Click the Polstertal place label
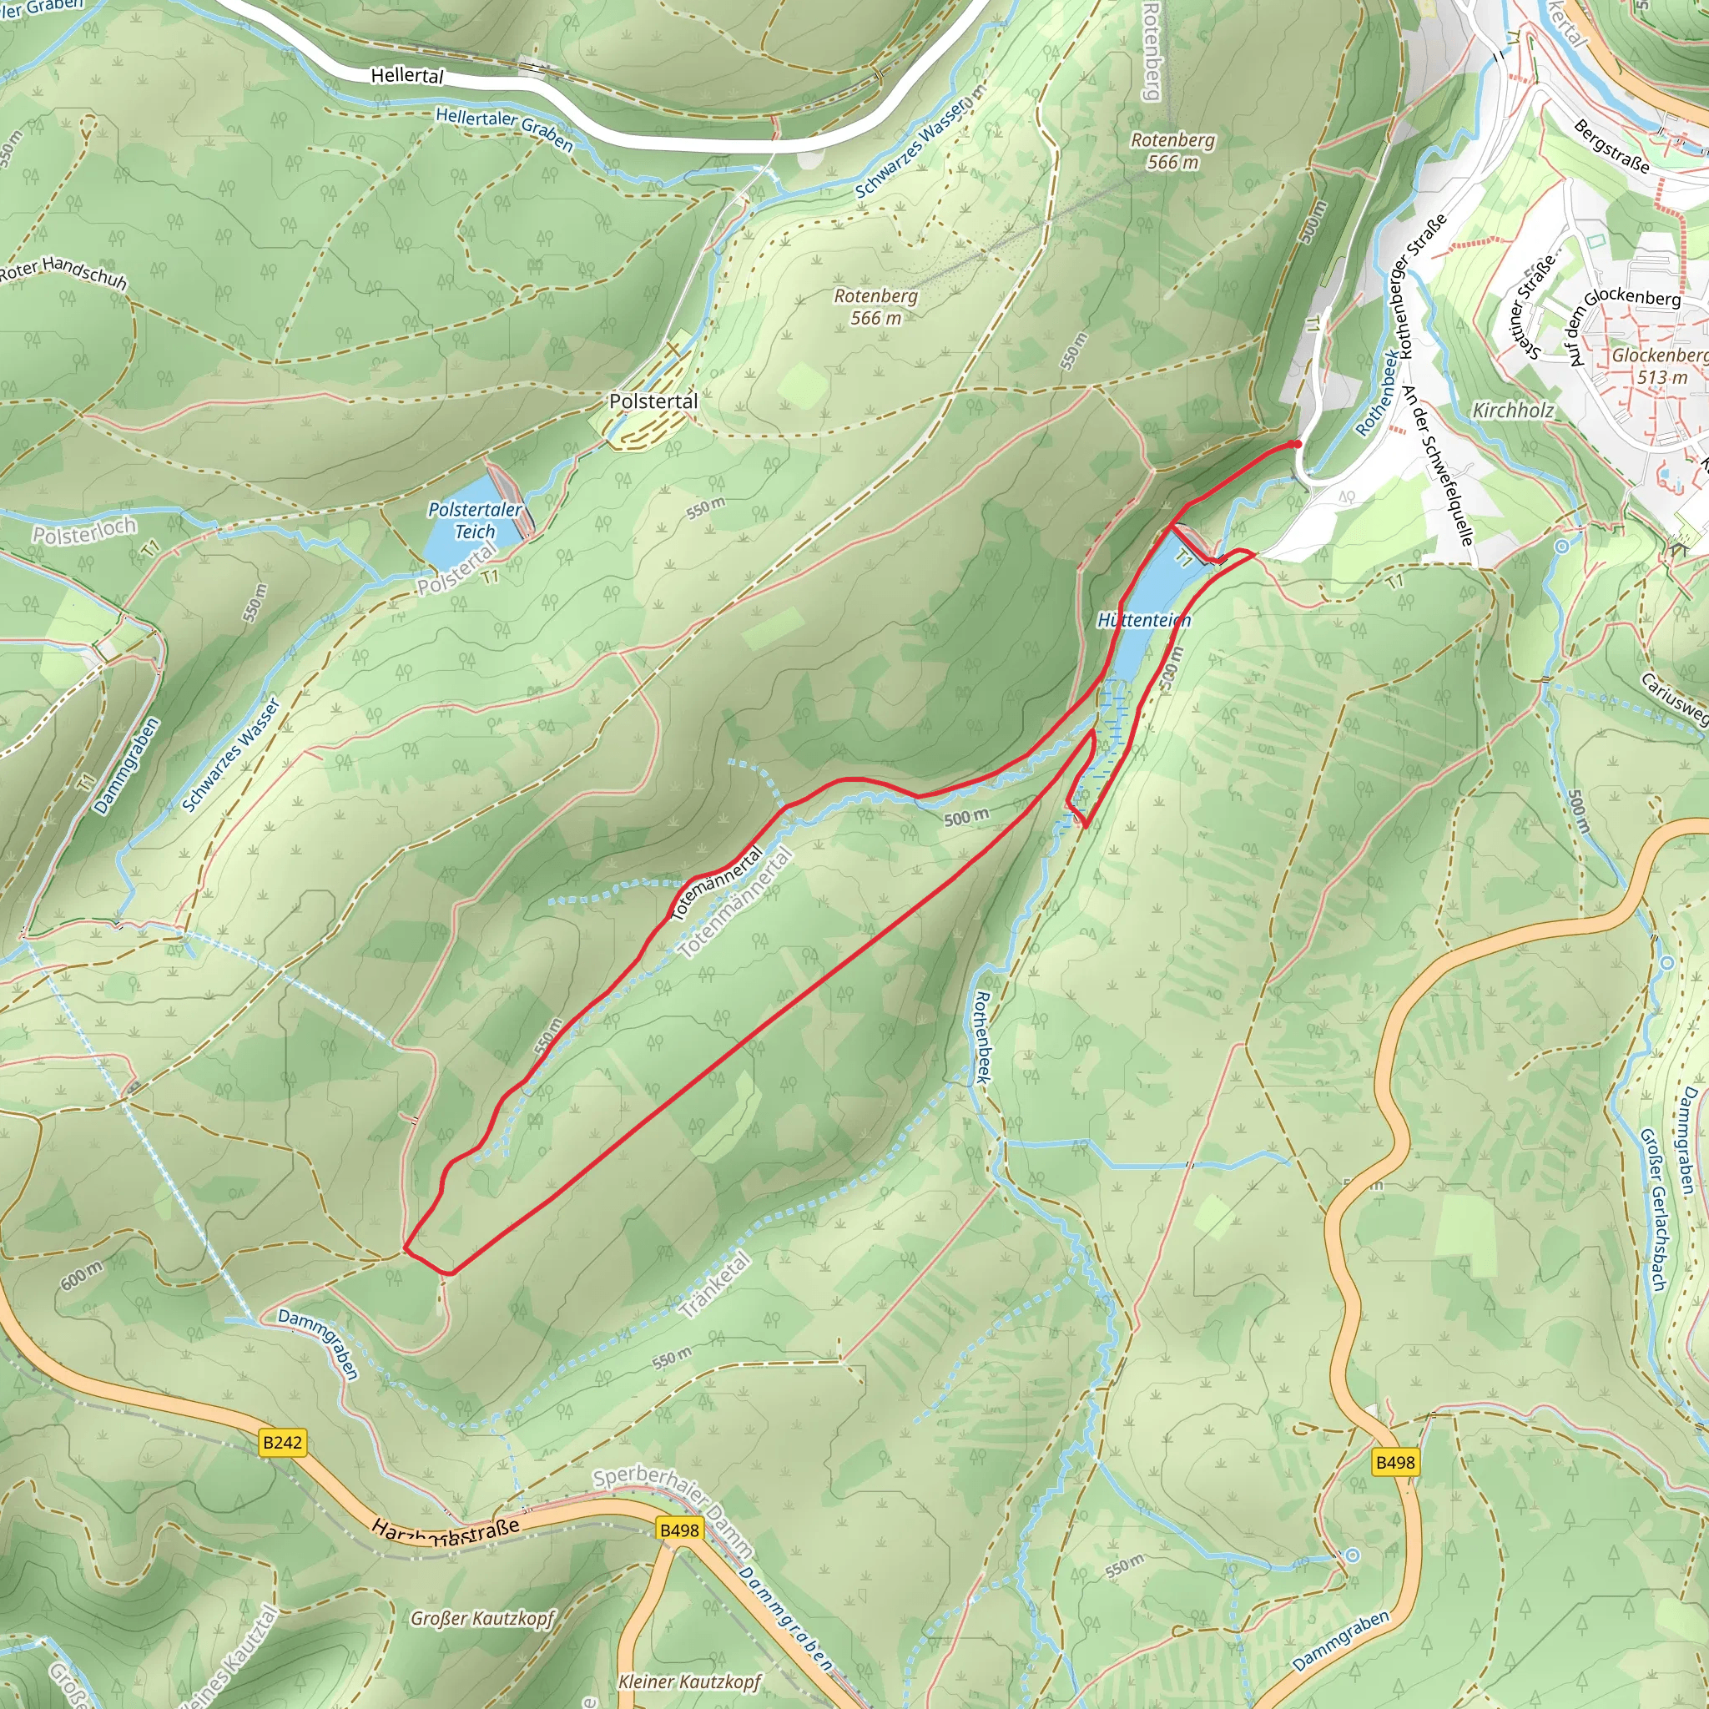(x=653, y=401)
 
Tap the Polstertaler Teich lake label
(x=475, y=520)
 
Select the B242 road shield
(x=283, y=1443)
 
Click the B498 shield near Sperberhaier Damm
(x=679, y=1530)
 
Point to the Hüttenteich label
(x=1144, y=620)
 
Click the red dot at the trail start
(x=1296, y=444)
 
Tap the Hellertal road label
(x=407, y=76)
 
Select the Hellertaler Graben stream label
(x=504, y=129)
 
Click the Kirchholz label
(x=1513, y=411)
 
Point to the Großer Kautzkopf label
(x=482, y=1619)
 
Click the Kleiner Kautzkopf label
(x=689, y=1681)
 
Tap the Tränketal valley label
(x=717, y=1285)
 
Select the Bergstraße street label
(x=1611, y=145)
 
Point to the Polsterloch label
(x=85, y=531)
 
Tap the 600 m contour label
(x=82, y=1276)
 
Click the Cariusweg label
(x=1674, y=698)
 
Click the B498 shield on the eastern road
(x=1395, y=1462)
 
